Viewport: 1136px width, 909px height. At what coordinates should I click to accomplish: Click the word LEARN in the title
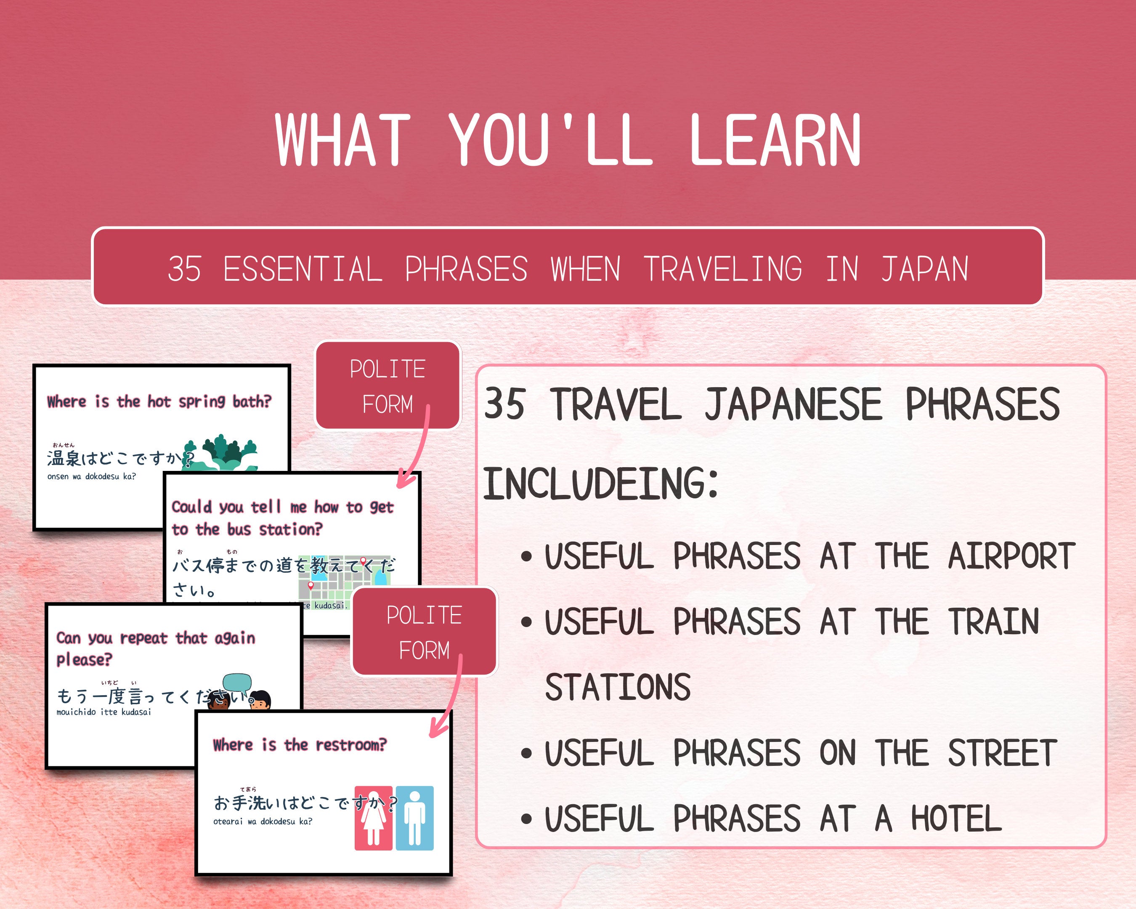pyautogui.click(x=775, y=140)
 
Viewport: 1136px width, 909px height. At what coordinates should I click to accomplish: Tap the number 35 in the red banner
pyautogui.click(x=184, y=269)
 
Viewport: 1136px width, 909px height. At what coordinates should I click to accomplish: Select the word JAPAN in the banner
pyautogui.click(x=925, y=269)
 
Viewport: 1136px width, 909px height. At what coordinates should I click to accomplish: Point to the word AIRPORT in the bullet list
pyautogui.click(x=1011, y=556)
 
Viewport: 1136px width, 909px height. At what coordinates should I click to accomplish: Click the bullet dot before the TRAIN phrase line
pyautogui.click(x=526, y=622)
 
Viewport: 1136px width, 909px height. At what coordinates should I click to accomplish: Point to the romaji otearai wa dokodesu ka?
pyautogui.click(x=263, y=821)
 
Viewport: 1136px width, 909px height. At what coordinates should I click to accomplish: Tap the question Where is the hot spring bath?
pyautogui.click(x=159, y=401)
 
